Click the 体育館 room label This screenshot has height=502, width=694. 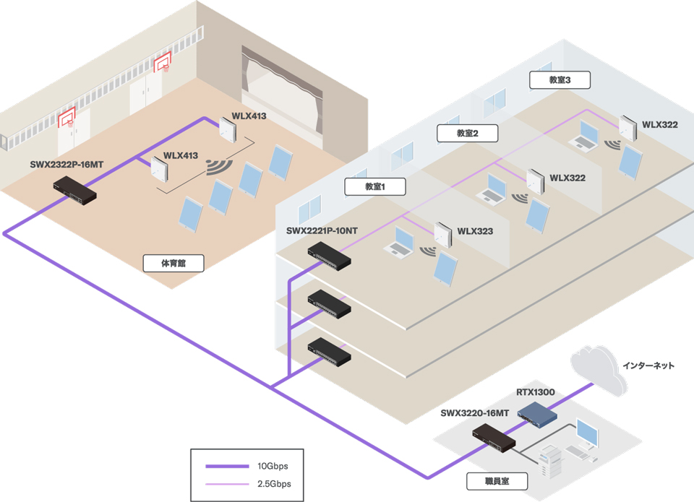(173, 263)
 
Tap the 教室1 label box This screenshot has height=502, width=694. (375, 186)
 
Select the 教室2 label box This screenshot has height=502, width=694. (468, 133)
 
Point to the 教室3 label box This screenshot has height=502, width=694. (560, 80)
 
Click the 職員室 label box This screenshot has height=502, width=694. (497, 481)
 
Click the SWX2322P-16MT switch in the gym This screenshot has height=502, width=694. (74, 191)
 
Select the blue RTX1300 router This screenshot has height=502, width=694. (537, 415)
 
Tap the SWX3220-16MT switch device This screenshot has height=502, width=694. (494, 438)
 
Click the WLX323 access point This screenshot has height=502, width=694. (442, 235)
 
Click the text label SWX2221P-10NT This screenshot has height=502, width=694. (322, 231)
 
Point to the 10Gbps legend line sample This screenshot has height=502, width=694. (227, 466)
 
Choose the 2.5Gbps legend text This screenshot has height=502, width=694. (275, 484)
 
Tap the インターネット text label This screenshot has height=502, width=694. (648, 365)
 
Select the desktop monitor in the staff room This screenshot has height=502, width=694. (587, 433)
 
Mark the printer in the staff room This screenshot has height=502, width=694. (549, 461)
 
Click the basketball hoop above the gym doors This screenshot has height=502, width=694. (163, 63)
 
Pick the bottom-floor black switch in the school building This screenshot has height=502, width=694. (330, 352)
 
